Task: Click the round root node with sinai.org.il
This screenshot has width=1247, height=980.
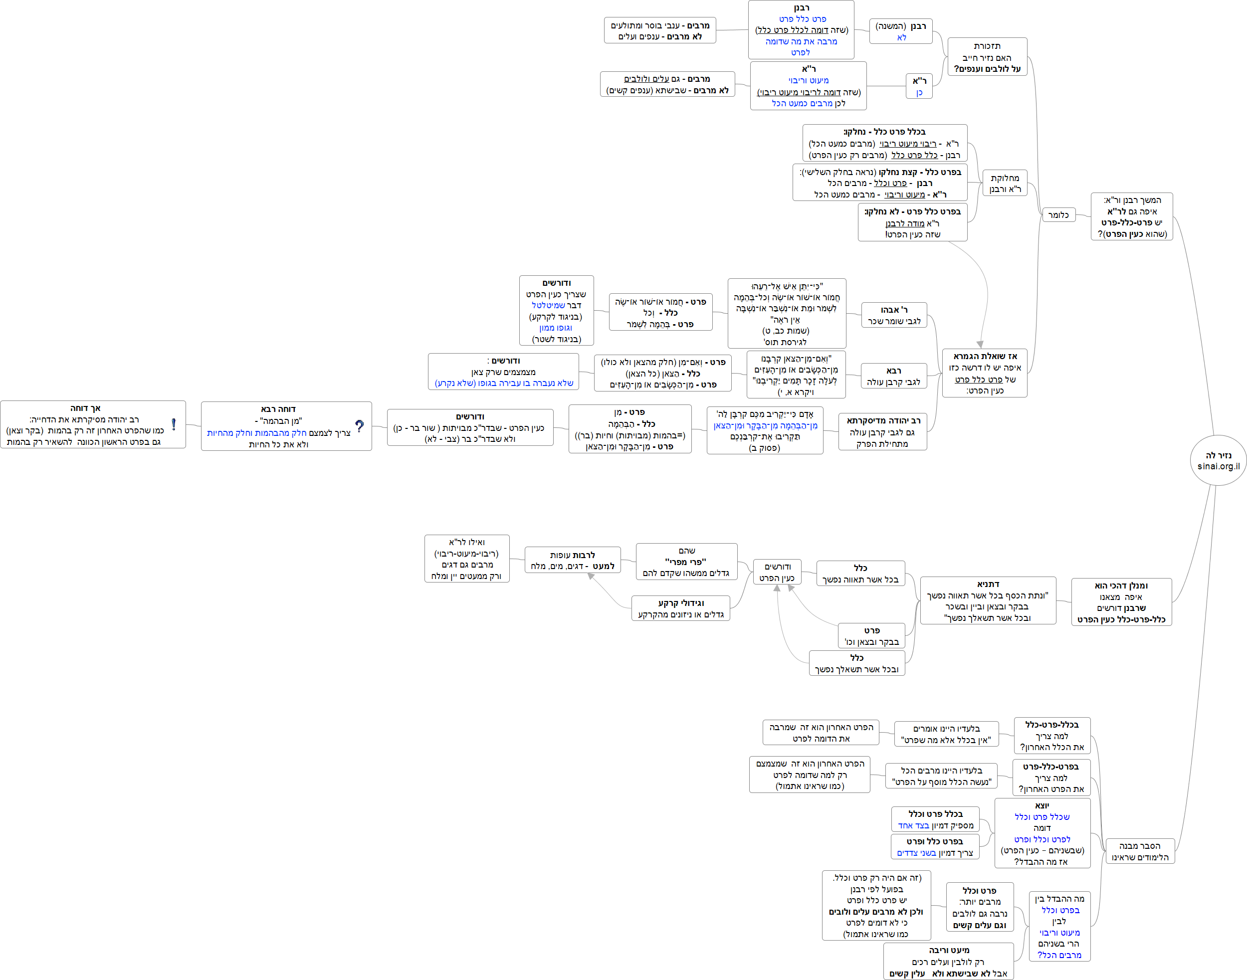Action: (x=1218, y=460)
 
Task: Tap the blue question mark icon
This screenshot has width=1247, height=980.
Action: (x=359, y=426)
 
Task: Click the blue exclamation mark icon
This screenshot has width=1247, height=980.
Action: (x=173, y=424)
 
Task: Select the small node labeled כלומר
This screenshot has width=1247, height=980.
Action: (x=1058, y=215)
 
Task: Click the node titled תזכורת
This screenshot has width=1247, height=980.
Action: (x=987, y=57)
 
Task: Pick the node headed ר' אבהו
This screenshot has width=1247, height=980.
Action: (x=893, y=315)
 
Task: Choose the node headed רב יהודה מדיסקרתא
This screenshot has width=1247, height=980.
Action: (x=882, y=431)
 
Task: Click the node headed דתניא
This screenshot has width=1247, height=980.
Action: (x=988, y=600)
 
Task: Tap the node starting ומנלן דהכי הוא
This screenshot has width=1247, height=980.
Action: (x=1121, y=602)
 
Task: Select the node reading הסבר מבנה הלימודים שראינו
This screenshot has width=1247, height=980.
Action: (x=1139, y=851)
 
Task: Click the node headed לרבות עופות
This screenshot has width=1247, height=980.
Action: (x=572, y=560)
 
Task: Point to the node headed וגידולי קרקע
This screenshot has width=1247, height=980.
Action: (x=680, y=608)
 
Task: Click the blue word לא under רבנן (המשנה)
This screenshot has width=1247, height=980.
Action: (x=901, y=37)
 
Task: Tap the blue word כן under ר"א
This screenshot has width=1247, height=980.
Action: (x=919, y=92)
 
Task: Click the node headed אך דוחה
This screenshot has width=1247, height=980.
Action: (x=93, y=424)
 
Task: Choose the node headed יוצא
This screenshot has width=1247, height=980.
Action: (x=1041, y=833)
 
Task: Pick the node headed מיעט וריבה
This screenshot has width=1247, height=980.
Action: (x=948, y=961)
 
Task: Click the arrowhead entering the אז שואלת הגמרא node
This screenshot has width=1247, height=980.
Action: (x=980, y=344)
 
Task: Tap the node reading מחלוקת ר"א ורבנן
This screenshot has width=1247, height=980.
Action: (x=1004, y=184)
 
